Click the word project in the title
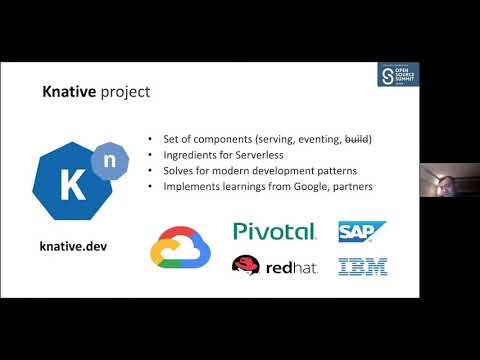[x=123, y=93]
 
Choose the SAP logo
[x=362, y=232]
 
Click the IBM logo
[x=363, y=266]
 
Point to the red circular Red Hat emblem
[x=247, y=265]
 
